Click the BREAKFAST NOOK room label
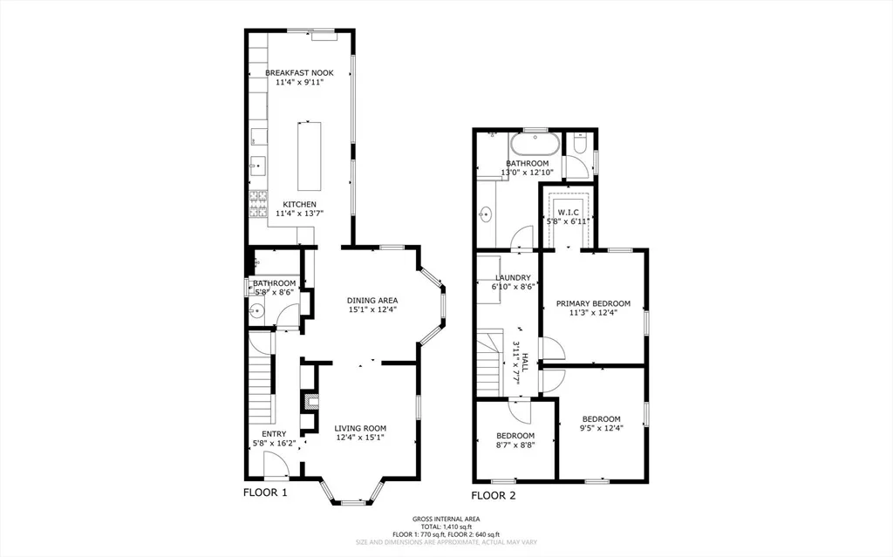click(300, 73)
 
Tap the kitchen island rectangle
click(309, 156)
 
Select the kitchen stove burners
click(258, 204)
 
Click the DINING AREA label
click(372, 300)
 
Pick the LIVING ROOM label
click(360, 428)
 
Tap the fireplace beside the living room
click(311, 402)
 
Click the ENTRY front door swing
click(276, 464)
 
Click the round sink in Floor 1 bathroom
click(257, 311)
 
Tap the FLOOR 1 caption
click(265, 492)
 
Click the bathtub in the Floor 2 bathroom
click(535, 144)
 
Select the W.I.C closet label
click(568, 213)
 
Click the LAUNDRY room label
click(513, 278)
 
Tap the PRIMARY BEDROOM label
click(593, 303)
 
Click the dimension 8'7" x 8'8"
click(515, 445)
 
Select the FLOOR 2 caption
click(494, 495)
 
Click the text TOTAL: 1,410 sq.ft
click(446, 526)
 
